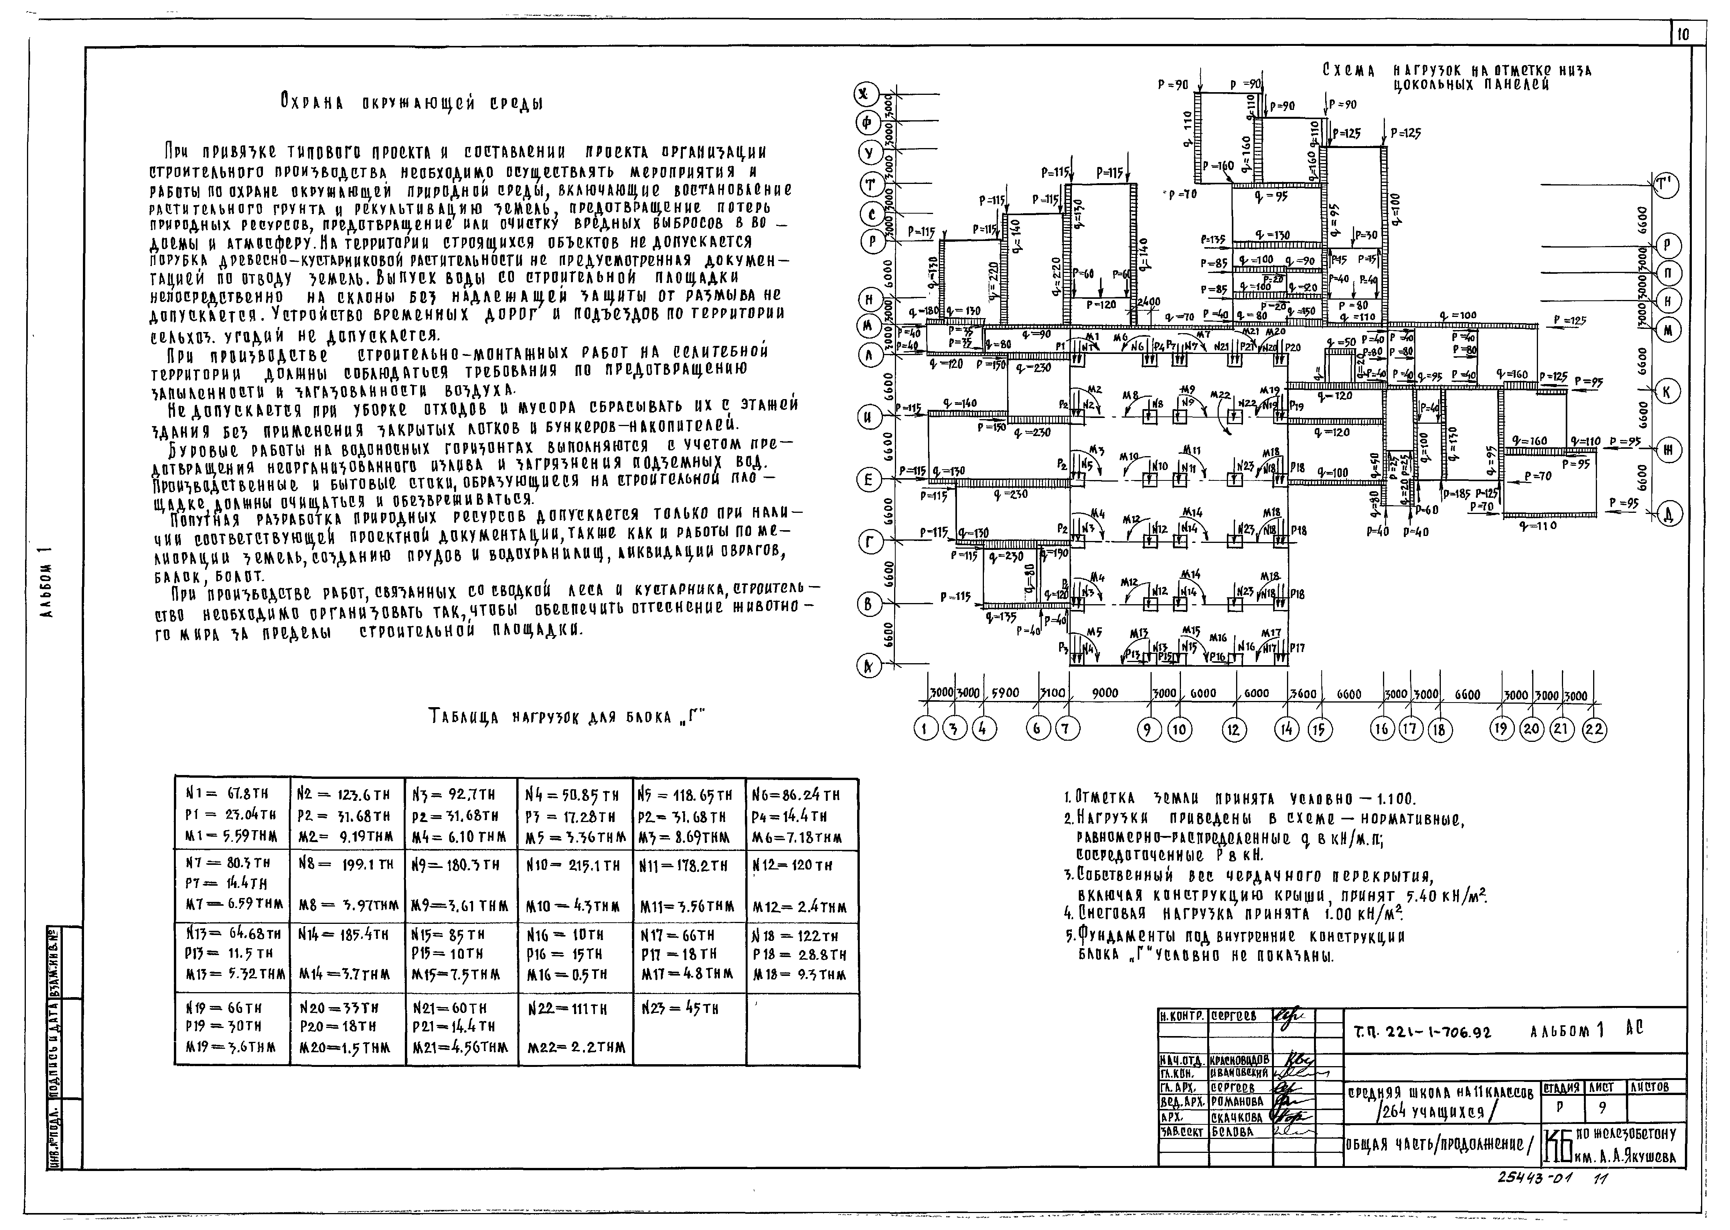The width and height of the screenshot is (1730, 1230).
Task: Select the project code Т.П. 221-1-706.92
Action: click(x=1422, y=1031)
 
